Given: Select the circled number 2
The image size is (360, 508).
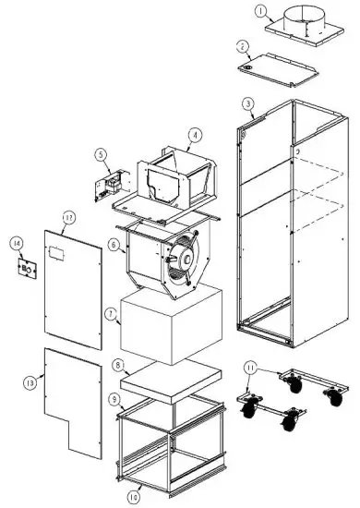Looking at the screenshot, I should point(243,46).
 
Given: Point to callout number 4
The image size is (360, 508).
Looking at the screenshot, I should point(194,135).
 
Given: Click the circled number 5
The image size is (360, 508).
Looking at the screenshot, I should point(100,155).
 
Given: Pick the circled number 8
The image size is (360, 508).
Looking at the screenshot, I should point(116,366).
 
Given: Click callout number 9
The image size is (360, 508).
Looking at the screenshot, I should point(113,398).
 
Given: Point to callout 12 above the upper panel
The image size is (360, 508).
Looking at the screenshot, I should point(67,218).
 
